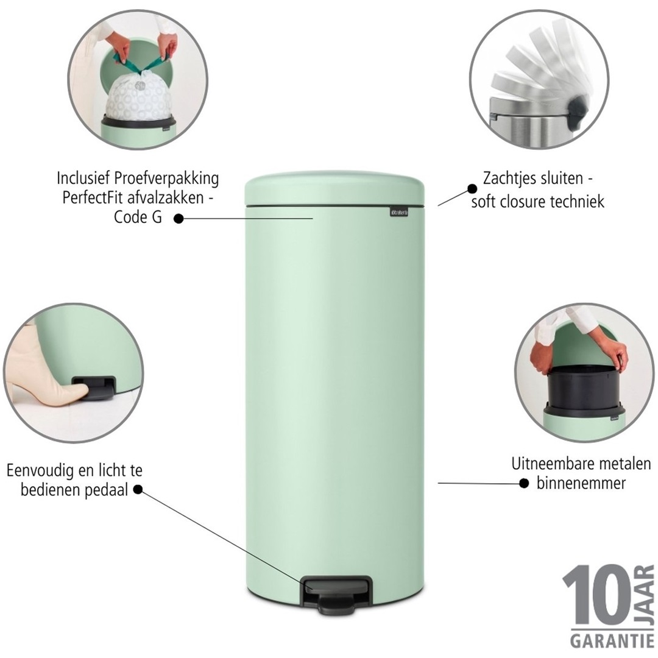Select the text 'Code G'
coord(138,218)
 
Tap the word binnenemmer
coord(581,484)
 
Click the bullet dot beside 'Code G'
coord(178,218)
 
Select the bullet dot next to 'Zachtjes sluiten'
coord(472,189)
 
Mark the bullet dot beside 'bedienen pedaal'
coord(138,489)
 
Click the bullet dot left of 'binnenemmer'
coord(523,483)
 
